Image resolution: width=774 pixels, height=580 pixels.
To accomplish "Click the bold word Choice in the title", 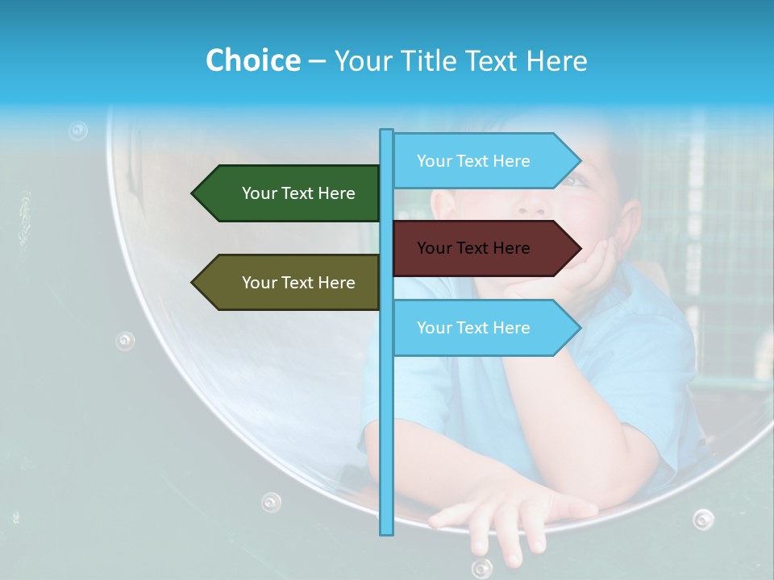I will tap(252, 60).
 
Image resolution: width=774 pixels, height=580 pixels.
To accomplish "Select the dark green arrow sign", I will tap(287, 193).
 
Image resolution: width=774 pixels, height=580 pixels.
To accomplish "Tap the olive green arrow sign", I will tap(287, 283).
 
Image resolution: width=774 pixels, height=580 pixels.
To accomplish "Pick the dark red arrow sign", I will tap(484, 248).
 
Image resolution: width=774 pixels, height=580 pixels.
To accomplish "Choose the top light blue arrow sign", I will tap(484, 161).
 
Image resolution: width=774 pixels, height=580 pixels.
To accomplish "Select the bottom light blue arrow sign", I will tap(484, 328).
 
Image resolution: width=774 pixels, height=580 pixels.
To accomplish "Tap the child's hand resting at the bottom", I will tap(516, 516).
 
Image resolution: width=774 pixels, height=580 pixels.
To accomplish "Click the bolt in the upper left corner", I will tap(77, 130).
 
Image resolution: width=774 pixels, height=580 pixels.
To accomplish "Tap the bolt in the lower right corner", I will tap(703, 519).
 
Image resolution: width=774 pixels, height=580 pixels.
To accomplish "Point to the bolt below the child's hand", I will tap(481, 567).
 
